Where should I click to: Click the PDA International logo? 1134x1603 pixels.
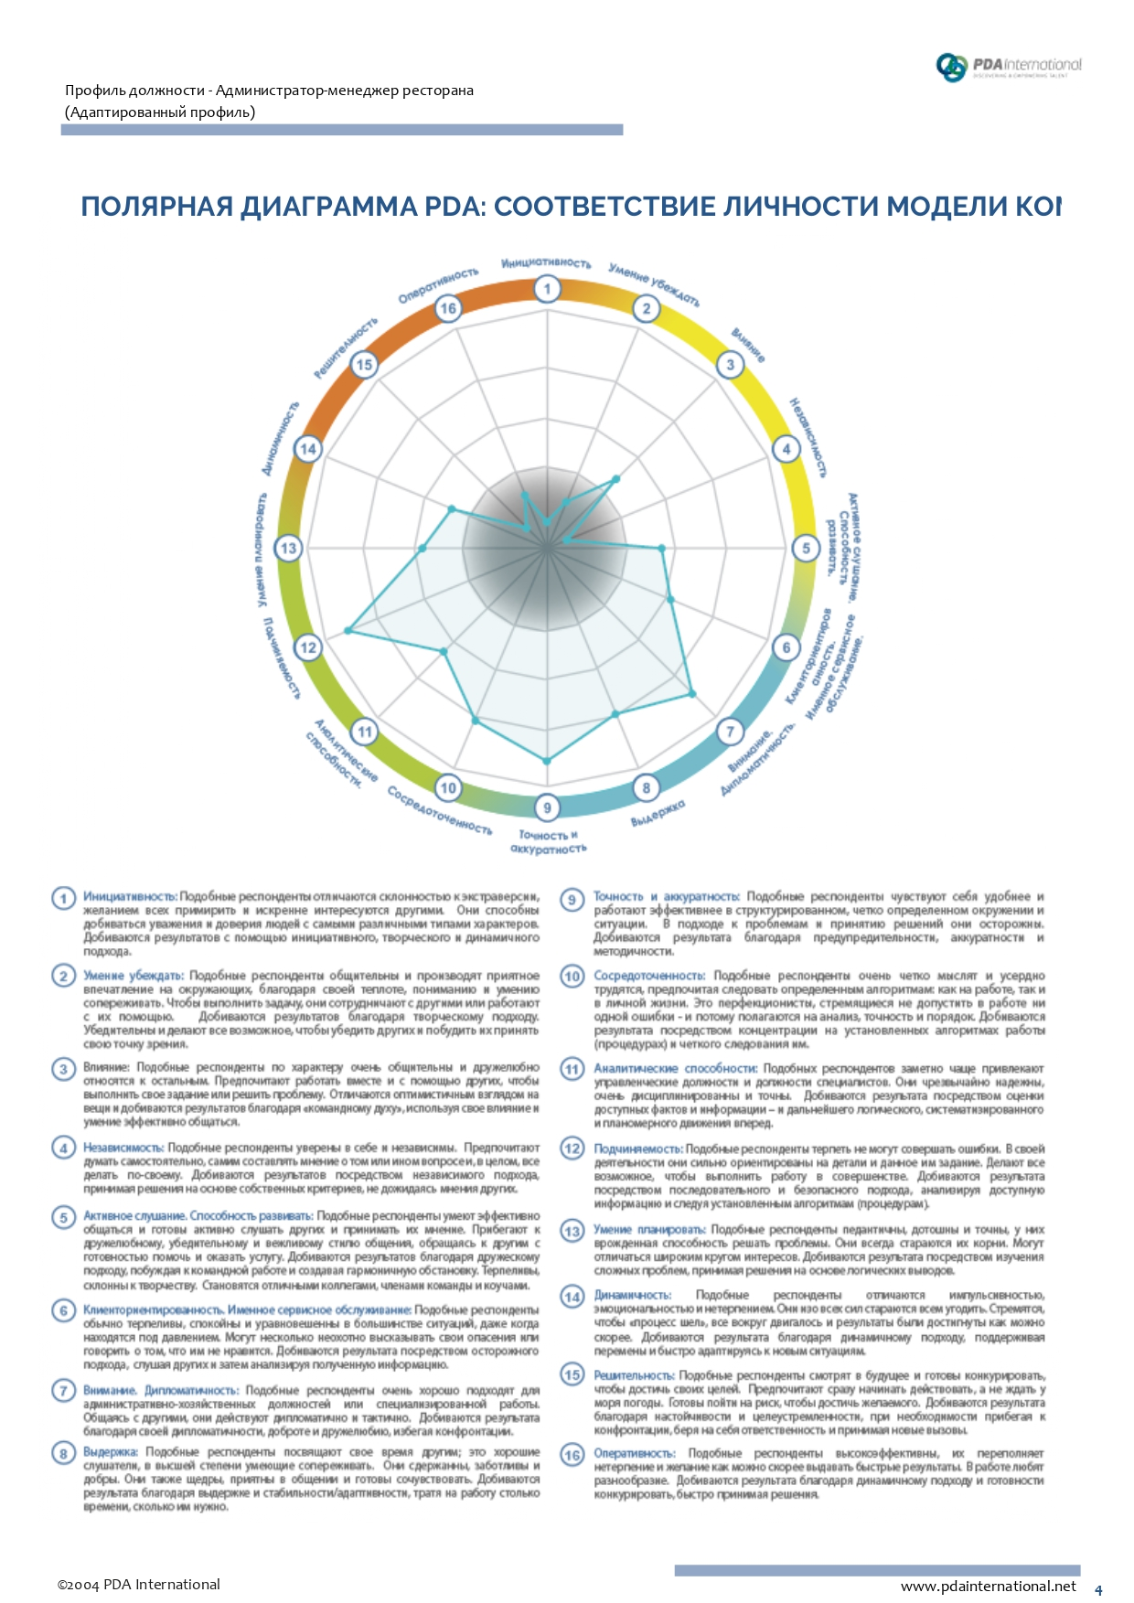pos(1008,66)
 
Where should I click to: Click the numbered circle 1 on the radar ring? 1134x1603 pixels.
pos(547,289)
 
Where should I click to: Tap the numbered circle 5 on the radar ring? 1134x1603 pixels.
pos(806,548)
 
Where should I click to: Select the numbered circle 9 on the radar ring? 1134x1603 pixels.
pos(547,807)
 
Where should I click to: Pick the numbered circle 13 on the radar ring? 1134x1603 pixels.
pos(289,548)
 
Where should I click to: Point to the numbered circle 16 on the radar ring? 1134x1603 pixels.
pos(448,308)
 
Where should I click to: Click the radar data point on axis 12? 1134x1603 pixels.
pos(348,630)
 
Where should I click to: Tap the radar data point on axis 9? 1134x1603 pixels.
pos(547,760)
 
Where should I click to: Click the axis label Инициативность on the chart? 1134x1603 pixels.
pos(546,263)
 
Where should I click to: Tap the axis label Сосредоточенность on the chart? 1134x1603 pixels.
pos(439,810)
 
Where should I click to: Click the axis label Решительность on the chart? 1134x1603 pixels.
pos(345,348)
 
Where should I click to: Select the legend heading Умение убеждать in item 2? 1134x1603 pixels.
pos(133,976)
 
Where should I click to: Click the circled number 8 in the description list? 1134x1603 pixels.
pos(63,1453)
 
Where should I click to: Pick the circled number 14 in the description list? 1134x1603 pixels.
pos(572,1297)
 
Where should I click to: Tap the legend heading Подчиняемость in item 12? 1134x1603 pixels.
pos(637,1149)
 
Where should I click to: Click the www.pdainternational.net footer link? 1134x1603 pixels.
pos(989,1586)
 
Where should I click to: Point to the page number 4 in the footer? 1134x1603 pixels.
pos(1098,1589)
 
